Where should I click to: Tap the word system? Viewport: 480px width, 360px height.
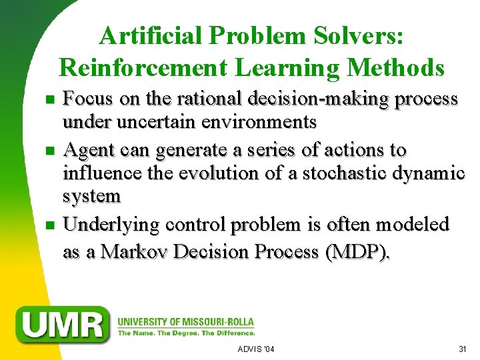(x=91, y=197)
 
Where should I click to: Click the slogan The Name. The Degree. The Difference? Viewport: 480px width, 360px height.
(x=186, y=333)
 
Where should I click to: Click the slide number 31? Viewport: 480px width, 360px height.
(x=462, y=349)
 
